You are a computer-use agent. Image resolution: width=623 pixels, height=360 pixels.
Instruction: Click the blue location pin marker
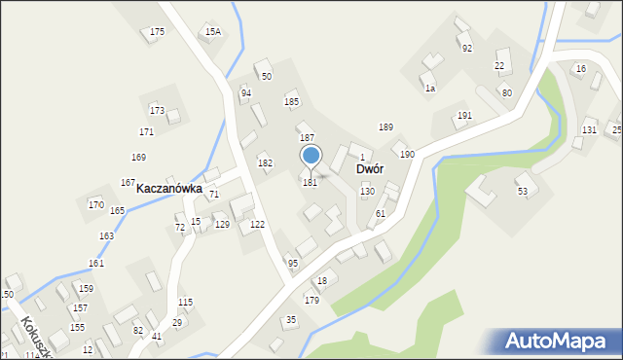[x=311, y=156]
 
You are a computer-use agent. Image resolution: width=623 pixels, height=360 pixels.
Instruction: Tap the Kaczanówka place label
[x=168, y=189]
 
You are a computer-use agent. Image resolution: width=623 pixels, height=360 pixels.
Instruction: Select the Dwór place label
[x=369, y=168]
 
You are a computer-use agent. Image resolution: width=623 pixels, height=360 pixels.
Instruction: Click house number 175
[x=157, y=32]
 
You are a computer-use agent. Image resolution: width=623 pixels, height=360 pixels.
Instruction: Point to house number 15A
[x=212, y=32]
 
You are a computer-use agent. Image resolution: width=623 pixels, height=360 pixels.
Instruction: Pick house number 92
[x=467, y=48]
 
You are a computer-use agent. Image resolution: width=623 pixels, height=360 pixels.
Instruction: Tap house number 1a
[x=429, y=88]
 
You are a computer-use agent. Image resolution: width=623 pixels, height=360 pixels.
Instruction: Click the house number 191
[x=464, y=116]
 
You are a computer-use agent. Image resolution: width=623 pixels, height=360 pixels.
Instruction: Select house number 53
[x=522, y=192]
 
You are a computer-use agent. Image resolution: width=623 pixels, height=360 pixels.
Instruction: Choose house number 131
[x=589, y=130]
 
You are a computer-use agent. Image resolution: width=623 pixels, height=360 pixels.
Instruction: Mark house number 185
[x=291, y=101]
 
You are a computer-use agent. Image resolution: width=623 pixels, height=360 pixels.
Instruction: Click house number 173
[x=157, y=110]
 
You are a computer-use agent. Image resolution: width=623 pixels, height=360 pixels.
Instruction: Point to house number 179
[x=311, y=300]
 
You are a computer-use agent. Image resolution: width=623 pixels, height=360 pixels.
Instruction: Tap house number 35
[x=290, y=320]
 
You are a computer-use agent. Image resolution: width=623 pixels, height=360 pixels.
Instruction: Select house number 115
[x=185, y=302]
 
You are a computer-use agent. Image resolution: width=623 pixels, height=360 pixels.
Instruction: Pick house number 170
[x=95, y=204]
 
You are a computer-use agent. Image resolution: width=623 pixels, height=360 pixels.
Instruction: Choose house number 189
[x=385, y=127]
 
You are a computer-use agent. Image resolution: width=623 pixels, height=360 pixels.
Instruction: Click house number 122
[x=257, y=224]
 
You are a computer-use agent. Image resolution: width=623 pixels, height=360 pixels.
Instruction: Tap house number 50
[x=266, y=76]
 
